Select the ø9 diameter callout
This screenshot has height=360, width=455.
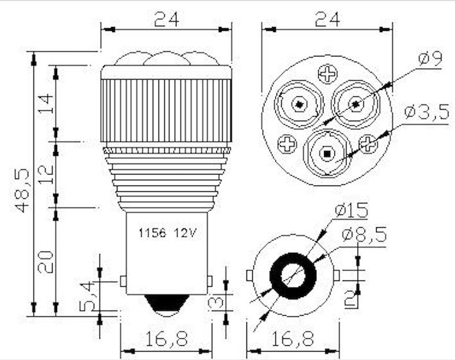429,60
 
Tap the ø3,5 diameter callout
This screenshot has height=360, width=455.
426,113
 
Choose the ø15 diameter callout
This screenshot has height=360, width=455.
351,210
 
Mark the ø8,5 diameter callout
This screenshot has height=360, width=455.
365,235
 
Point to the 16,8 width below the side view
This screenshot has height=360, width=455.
166,339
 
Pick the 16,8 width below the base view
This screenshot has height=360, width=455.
293,339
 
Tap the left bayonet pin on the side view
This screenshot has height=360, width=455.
123,280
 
